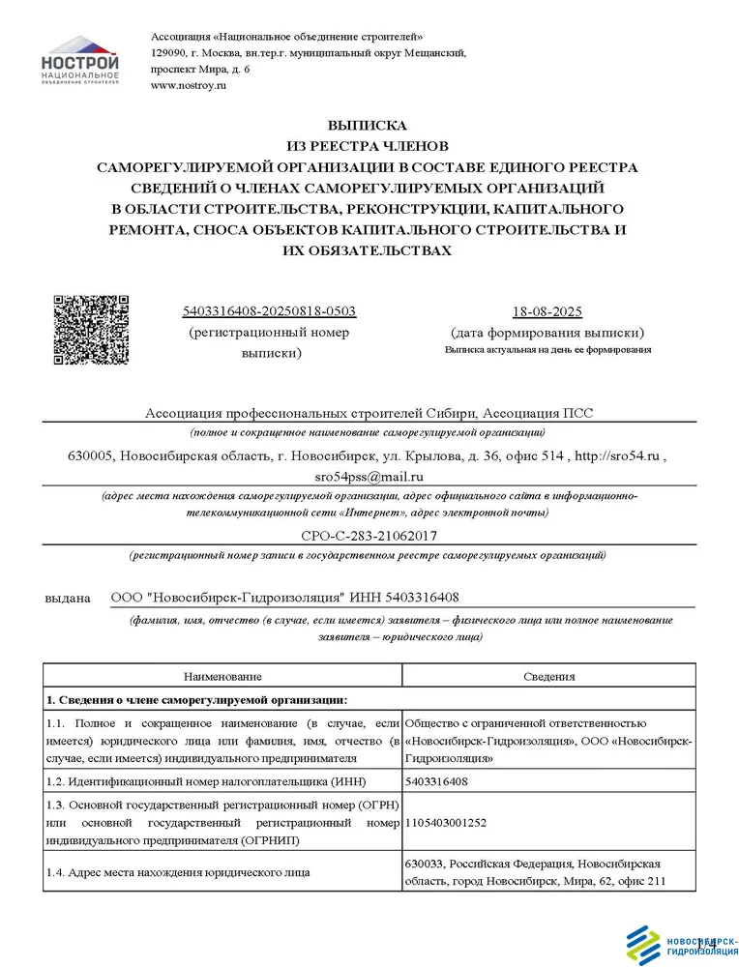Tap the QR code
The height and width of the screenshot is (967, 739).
click(90, 330)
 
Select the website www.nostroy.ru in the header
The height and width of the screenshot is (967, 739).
click(189, 86)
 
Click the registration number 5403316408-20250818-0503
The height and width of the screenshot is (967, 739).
click(269, 311)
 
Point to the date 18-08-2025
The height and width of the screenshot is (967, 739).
click(547, 311)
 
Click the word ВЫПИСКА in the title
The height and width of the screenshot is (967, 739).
click(368, 125)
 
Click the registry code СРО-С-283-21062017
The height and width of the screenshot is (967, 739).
click(368, 535)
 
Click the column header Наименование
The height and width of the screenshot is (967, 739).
click(222, 677)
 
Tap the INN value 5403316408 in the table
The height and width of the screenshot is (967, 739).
click(436, 780)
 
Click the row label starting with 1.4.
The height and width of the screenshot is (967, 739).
click(179, 873)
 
